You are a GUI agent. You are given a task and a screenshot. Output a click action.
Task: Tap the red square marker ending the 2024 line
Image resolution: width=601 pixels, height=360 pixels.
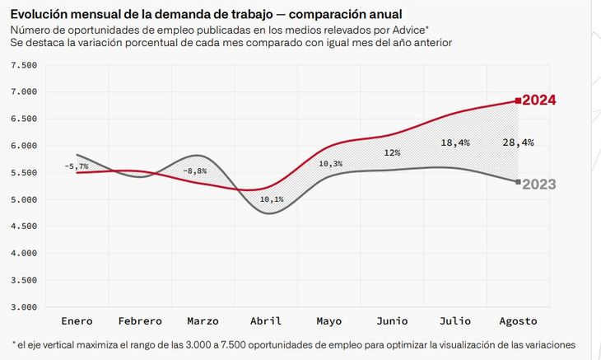518,101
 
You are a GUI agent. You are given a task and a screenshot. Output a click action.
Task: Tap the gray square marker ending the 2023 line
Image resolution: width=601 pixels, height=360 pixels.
518,182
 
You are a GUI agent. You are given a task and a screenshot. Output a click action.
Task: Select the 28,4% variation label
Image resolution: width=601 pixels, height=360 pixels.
518,143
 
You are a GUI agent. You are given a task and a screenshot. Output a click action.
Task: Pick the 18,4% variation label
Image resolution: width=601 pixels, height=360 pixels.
455,143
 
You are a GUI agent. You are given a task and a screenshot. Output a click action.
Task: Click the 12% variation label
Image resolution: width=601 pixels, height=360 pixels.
392,153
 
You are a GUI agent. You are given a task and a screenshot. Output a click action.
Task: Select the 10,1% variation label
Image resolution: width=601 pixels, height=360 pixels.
271,199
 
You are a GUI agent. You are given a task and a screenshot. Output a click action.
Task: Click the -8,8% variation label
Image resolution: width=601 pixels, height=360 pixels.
195,171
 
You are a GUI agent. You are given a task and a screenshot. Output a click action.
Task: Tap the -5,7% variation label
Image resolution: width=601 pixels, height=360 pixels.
76,166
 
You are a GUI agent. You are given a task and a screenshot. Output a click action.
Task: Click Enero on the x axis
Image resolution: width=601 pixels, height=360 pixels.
77,321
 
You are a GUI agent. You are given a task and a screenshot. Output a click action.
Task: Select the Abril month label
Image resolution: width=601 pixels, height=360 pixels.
266,321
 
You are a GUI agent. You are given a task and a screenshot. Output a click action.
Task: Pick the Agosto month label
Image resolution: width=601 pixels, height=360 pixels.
518,321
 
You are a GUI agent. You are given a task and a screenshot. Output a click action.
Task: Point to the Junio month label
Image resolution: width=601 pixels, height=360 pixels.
392,321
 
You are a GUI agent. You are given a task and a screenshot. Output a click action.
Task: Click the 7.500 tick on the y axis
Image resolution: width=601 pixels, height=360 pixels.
25,65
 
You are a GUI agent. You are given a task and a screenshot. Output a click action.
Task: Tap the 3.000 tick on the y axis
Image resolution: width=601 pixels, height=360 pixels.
25,307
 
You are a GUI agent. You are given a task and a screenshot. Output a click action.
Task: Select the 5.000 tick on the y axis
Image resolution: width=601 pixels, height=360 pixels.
25,199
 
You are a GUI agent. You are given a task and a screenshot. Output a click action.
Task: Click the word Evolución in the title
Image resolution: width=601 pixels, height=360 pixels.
40,14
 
